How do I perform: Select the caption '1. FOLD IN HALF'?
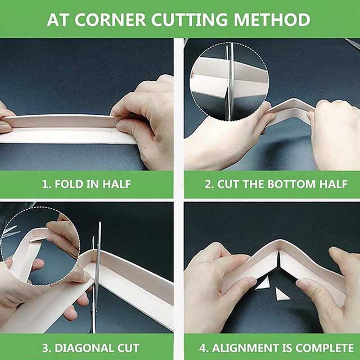point(86,184)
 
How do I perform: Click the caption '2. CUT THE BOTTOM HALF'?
point(273,184)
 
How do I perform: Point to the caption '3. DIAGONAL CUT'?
point(86,347)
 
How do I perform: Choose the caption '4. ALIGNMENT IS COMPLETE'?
point(273,347)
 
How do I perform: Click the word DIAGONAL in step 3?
point(89,347)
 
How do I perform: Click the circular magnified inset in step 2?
point(228,82)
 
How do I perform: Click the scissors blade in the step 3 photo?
point(97,270)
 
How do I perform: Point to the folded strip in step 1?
point(67,128)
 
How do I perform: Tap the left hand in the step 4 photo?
point(214,281)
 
